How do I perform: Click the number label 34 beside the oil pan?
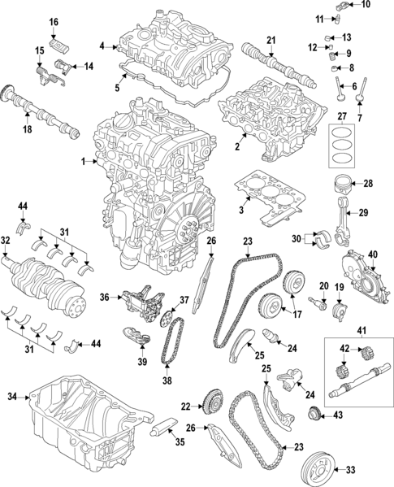12,397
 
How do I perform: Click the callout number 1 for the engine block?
84,163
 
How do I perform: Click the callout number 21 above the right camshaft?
271,40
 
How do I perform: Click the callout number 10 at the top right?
364,5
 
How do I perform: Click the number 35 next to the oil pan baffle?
180,443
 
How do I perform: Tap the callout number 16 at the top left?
54,21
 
